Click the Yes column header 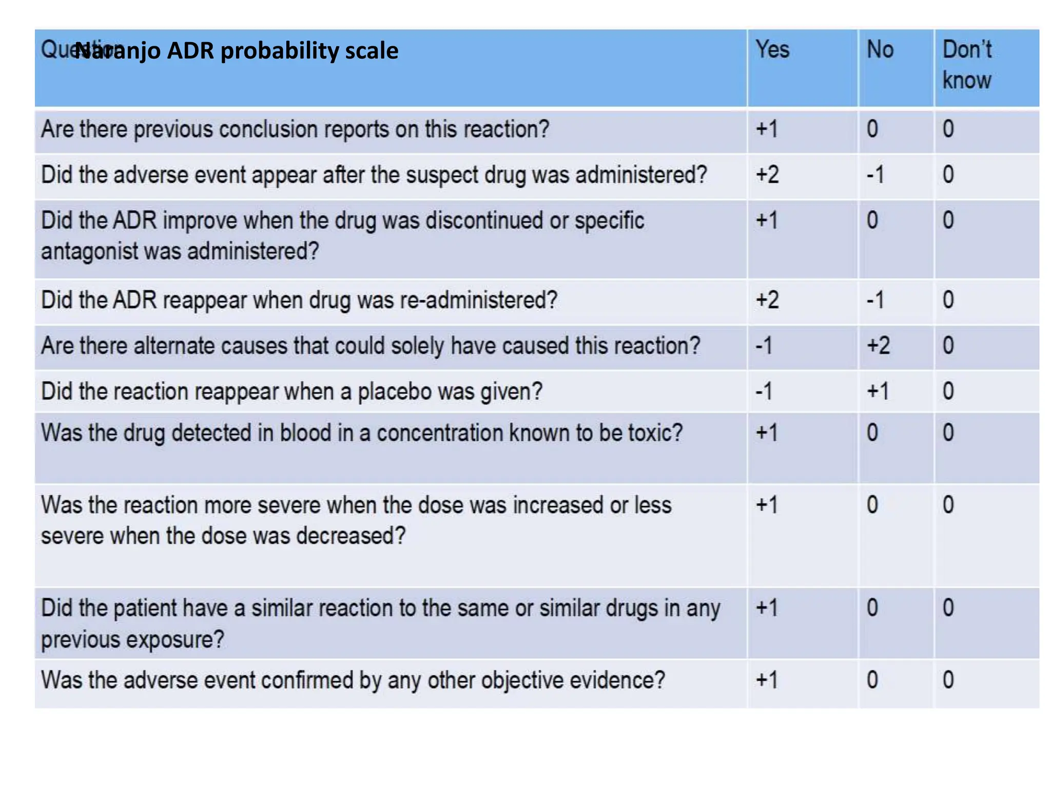(772, 50)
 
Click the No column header (880, 50)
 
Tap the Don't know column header (967, 65)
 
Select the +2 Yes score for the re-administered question (767, 300)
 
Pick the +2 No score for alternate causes (878, 345)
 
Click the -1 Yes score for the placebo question (764, 391)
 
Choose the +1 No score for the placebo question (878, 391)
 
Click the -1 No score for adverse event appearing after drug (875, 175)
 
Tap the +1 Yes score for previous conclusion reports (767, 129)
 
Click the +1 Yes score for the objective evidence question (767, 680)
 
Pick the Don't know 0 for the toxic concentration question (948, 432)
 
